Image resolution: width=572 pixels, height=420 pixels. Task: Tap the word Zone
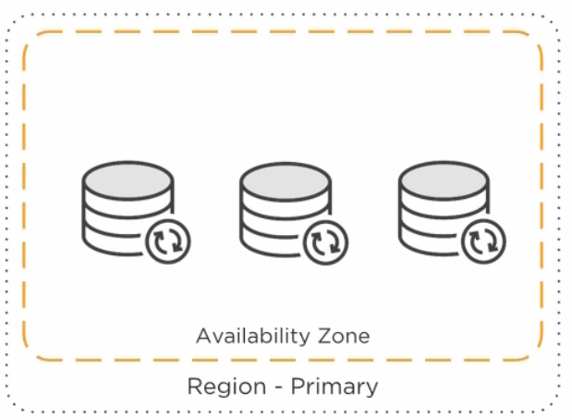[343, 336]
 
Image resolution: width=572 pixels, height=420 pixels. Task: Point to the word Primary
[334, 386]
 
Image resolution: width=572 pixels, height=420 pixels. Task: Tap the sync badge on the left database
[169, 241]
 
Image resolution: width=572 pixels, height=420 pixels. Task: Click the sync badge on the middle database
[327, 241]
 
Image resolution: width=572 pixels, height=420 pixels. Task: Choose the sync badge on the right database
[485, 241]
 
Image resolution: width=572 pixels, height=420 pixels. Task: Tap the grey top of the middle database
[285, 179]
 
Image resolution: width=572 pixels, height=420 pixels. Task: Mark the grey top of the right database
[443, 179]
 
